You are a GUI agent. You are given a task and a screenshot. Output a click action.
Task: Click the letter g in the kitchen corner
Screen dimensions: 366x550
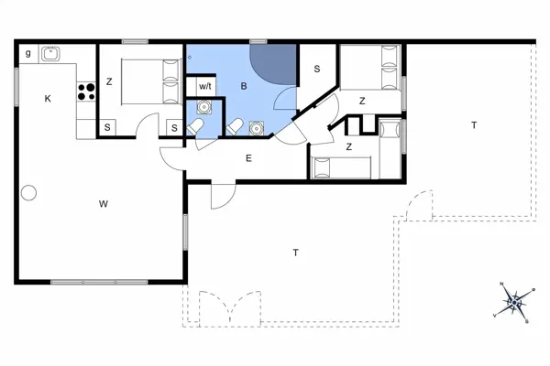click(28, 53)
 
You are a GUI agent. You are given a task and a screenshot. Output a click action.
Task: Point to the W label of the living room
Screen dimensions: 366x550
click(104, 203)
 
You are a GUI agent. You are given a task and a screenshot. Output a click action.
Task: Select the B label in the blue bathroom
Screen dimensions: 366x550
click(244, 85)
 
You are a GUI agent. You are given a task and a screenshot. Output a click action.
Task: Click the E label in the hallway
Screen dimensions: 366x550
click(247, 158)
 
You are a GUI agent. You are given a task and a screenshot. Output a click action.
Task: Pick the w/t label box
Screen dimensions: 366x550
click(205, 86)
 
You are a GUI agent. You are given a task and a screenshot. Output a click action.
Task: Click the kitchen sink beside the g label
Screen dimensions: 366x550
click(49, 53)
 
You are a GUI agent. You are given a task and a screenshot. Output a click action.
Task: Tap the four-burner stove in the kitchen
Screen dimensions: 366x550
click(87, 91)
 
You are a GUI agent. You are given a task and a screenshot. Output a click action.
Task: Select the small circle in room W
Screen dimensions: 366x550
click(28, 193)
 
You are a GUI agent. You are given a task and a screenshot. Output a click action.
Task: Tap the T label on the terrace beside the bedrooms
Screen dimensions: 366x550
click(473, 124)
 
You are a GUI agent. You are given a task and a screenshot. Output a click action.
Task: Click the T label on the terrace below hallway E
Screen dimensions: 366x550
click(295, 251)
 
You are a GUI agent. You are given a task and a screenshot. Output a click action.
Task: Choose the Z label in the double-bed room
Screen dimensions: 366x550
click(109, 81)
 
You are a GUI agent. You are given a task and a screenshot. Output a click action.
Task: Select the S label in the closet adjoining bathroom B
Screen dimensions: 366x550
click(316, 69)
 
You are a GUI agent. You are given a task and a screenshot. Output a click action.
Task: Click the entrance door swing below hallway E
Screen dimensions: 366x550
click(223, 195)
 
